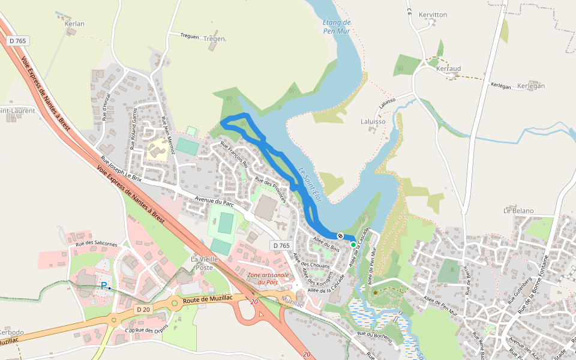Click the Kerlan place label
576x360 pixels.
coord(74,24)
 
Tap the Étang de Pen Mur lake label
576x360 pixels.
coord(337,26)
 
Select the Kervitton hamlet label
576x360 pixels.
coord(433,14)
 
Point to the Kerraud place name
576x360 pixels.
coord(448,69)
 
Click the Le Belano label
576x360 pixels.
coord(518,211)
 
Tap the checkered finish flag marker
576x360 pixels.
coord(340,236)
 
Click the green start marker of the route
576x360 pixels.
coord(353,245)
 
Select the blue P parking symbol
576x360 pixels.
coord(104,286)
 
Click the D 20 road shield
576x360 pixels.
coord(143,309)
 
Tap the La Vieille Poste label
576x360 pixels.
coord(202,263)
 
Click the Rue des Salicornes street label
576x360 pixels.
coord(97,242)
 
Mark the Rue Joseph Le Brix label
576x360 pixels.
coord(121,170)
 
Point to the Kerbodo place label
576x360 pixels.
coord(11,332)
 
